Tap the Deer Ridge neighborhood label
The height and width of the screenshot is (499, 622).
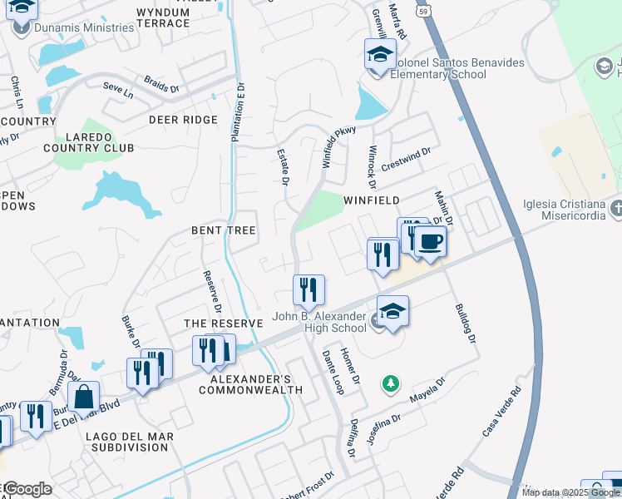182,120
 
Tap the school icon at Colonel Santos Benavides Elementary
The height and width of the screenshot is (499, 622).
380,56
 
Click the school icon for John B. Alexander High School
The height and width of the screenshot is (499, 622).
392,312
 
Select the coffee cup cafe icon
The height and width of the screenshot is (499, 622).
430,242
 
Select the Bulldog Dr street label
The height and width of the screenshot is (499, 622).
464,324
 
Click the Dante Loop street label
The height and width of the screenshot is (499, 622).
333,371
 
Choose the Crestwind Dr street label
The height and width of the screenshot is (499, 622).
405,161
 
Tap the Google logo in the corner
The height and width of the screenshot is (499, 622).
27,489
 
